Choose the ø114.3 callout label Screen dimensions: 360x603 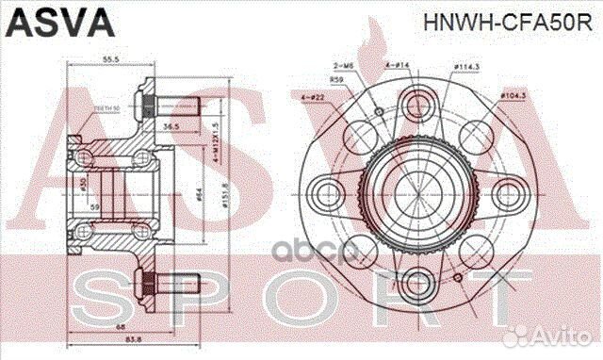(467, 66)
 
